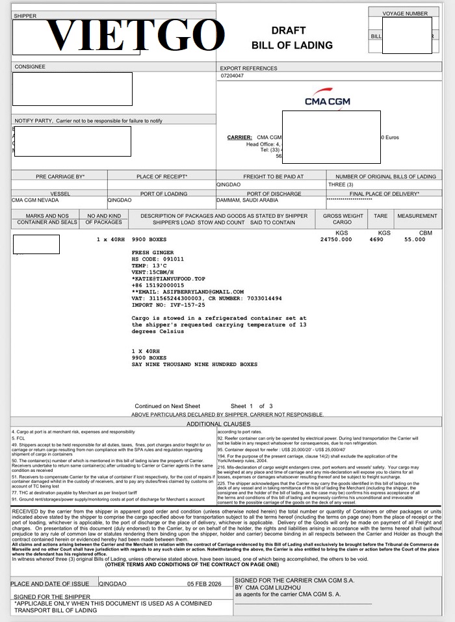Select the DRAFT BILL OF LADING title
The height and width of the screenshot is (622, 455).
(292, 38)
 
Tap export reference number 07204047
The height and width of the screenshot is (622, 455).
(232, 76)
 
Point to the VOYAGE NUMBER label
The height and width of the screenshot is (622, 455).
(405, 13)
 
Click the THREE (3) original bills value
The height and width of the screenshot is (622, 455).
(341, 185)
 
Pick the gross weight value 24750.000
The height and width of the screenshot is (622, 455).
(336, 239)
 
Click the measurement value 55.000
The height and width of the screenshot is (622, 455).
(415, 239)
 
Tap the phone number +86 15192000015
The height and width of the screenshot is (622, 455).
(158, 285)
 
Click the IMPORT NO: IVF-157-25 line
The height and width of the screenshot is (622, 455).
(168, 305)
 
